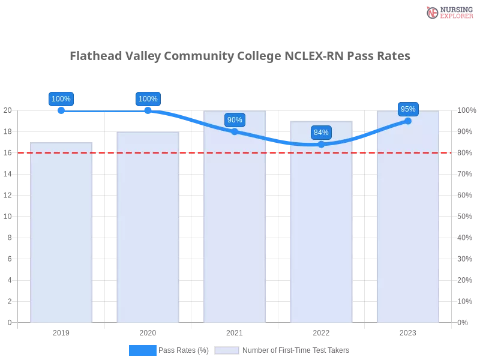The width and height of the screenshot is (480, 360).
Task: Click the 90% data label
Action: (x=235, y=120)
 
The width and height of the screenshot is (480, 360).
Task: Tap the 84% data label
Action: (x=321, y=133)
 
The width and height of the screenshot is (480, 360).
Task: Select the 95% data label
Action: (x=408, y=109)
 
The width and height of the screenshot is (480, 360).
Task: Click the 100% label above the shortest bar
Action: (x=61, y=99)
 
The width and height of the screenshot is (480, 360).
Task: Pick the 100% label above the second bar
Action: (x=148, y=99)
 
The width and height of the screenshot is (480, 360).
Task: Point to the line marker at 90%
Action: (x=235, y=131)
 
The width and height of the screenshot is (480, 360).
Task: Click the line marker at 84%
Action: (x=321, y=144)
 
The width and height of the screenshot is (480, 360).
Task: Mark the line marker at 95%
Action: (x=408, y=121)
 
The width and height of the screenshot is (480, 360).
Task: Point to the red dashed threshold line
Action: (x=192, y=152)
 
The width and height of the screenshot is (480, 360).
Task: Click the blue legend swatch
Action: (x=143, y=350)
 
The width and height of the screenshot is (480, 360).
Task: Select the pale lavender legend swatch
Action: (x=227, y=350)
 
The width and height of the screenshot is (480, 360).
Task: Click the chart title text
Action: (x=240, y=56)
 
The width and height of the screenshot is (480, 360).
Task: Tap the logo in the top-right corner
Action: (x=448, y=13)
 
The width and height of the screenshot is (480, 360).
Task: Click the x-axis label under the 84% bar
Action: (x=321, y=331)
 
